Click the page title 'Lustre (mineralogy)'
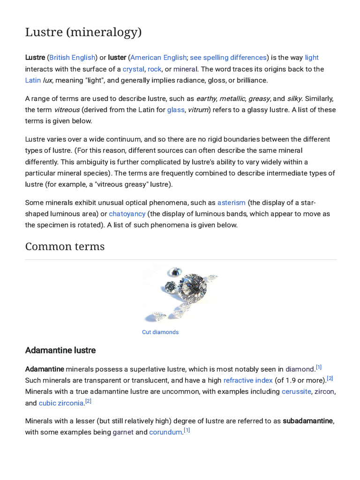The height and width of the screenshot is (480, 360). (83, 33)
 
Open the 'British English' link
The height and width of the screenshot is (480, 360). (72, 58)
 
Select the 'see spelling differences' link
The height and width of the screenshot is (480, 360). (228, 58)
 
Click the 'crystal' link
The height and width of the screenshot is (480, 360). (133, 69)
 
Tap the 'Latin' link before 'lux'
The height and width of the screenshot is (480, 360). (33, 80)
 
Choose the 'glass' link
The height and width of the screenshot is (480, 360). (176, 110)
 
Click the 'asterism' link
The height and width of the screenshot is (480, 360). (232, 202)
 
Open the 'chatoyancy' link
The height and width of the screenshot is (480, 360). (127, 214)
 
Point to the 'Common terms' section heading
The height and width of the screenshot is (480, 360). (65, 247)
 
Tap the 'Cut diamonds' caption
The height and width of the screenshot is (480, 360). (160, 332)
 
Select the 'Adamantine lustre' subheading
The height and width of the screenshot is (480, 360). (60, 351)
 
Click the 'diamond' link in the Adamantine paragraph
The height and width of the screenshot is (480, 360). (300, 369)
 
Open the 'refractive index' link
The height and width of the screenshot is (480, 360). (248, 381)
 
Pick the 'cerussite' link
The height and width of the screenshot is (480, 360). (296, 391)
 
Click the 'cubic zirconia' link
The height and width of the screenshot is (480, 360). (61, 403)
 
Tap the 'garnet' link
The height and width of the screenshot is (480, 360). (123, 432)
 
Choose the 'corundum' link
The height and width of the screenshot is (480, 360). (165, 432)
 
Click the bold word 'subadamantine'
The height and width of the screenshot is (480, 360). (308, 421)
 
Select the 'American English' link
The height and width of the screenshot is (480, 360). (158, 58)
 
